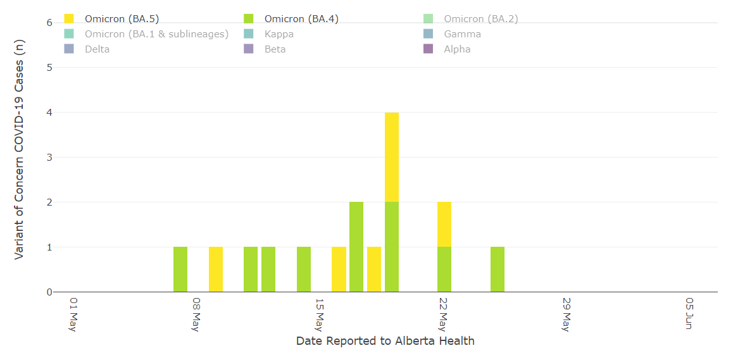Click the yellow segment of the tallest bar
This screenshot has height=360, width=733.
[x=392, y=157]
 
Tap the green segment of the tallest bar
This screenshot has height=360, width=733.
[x=392, y=247]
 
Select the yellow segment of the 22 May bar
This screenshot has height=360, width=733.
[x=444, y=224]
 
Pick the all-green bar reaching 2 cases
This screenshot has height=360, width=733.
[x=356, y=247]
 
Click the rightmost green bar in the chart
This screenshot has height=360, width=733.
[x=498, y=270]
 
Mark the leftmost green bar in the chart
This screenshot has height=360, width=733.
[x=180, y=270]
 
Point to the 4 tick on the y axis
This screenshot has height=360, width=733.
[x=49, y=113]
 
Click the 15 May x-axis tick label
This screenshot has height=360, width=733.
[x=320, y=314]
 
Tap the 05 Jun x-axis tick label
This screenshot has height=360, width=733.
[x=689, y=313]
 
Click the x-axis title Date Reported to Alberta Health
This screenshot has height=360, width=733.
[x=385, y=341]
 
